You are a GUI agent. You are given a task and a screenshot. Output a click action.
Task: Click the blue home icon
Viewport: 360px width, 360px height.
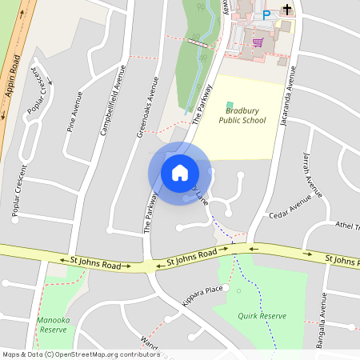179,172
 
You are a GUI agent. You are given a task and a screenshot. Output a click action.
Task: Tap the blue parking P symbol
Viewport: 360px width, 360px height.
266,14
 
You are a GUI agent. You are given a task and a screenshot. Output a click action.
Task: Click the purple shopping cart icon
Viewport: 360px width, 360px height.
258,42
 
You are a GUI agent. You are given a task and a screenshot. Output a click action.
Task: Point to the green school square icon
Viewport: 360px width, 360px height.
230,106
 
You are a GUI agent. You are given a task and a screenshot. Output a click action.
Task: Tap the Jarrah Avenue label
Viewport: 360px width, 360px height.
313,174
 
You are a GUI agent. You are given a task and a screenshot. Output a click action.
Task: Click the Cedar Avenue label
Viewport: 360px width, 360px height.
290,207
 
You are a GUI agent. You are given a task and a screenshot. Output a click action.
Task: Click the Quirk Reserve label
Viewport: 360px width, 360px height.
261,316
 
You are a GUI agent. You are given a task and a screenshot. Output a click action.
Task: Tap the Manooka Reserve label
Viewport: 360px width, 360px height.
53,324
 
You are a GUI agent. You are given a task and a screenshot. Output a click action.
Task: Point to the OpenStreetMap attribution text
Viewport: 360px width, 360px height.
81,354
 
